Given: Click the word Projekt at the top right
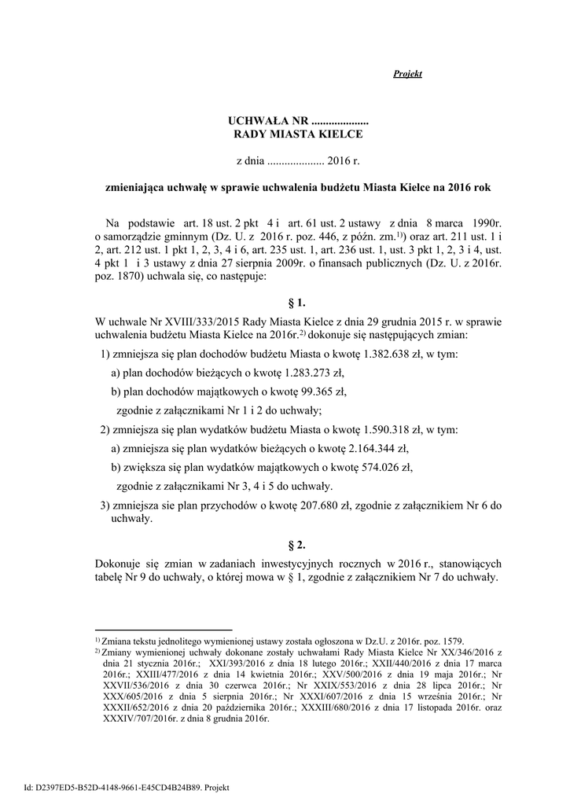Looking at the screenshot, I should pyautogui.click(x=407, y=74).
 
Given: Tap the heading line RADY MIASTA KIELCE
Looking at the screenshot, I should pyautogui.click(x=300, y=134).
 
